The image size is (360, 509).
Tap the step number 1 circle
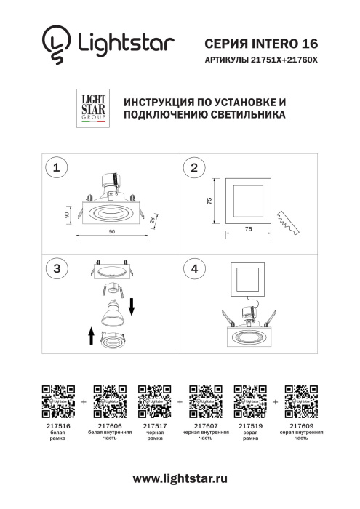57,167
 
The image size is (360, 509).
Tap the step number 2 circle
194,167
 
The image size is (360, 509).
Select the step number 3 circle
57,268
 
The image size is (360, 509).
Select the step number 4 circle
194,268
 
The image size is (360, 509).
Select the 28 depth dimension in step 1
153,220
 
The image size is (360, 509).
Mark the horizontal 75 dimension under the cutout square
248,228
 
